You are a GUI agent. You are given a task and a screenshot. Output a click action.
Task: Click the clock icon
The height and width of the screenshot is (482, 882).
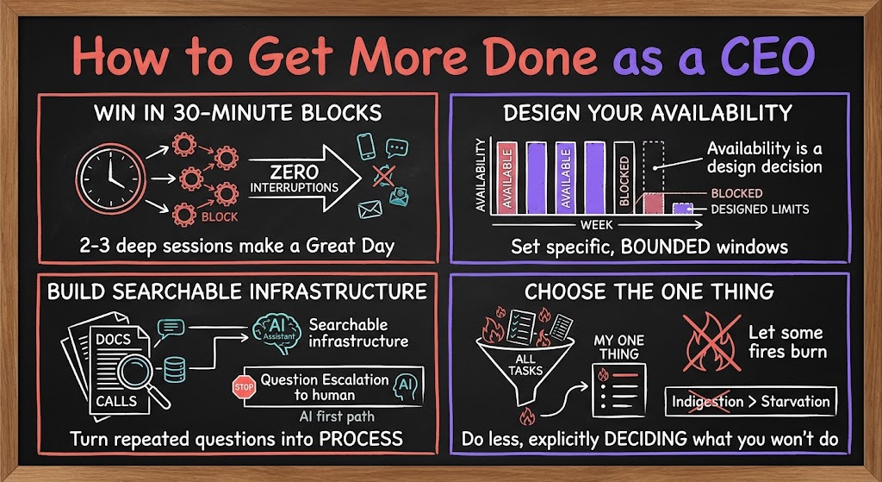pyautogui.click(x=111, y=178)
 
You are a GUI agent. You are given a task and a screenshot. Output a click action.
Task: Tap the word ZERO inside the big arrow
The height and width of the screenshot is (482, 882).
pyautogui.click(x=295, y=172)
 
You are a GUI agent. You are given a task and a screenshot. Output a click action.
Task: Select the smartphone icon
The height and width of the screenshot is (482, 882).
pyautogui.click(x=366, y=146)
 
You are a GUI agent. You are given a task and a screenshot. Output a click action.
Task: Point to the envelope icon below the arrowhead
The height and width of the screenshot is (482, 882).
pyautogui.click(x=370, y=210)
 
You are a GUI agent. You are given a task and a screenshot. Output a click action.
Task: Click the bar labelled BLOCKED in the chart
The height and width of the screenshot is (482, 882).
pyautogui.click(x=624, y=178)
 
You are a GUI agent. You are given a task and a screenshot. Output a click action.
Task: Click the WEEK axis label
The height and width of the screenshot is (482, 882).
pyautogui.click(x=596, y=225)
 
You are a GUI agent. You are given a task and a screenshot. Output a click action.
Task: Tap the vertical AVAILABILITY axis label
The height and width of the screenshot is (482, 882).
pyautogui.click(x=481, y=175)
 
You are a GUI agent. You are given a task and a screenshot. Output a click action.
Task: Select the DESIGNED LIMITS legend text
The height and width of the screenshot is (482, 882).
pyautogui.click(x=760, y=210)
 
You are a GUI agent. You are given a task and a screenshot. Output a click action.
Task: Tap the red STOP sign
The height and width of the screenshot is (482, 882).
pyautogui.click(x=244, y=387)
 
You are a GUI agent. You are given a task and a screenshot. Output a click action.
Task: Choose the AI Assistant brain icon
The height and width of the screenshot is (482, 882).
pyautogui.click(x=276, y=333)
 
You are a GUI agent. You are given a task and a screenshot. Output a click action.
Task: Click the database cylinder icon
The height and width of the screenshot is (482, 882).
pyautogui.click(x=174, y=370)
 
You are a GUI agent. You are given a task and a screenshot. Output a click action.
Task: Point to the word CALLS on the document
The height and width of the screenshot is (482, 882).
pyautogui.click(x=116, y=402)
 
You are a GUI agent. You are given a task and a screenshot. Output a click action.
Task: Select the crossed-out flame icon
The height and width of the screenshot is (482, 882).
pyautogui.click(x=711, y=342)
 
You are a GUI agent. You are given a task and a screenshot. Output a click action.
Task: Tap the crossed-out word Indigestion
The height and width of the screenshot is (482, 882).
pyautogui.click(x=708, y=402)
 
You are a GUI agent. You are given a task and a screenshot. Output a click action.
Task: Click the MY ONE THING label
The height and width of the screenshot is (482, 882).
pyautogui.click(x=618, y=347)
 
